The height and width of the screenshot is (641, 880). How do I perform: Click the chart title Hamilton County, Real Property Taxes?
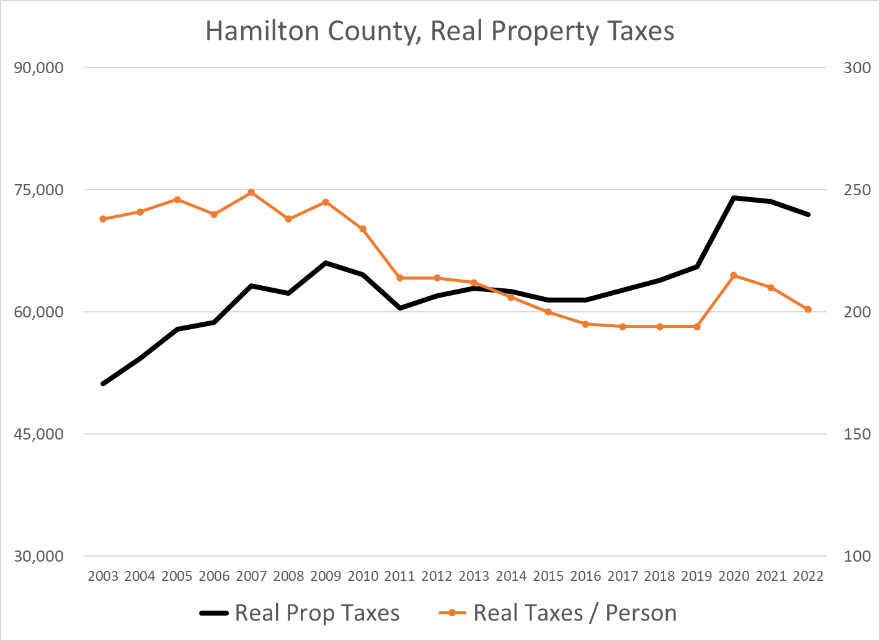[x=440, y=31]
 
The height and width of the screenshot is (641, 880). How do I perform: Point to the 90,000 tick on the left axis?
[x=38, y=68]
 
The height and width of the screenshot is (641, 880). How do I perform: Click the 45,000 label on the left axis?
[x=38, y=434]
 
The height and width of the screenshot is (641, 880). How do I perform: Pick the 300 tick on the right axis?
[x=857, y=68]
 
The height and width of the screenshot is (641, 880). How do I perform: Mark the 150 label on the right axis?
[x=857, y=434]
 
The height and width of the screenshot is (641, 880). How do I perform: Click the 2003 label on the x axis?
[x=103, y=577]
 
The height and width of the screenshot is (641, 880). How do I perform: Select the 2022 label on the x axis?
[x=808, y=577]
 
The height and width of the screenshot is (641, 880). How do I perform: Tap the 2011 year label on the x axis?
[x=399, y=577]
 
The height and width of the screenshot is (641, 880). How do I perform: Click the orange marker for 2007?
[x=251, y=192]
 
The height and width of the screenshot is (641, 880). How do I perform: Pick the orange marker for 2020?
[x=734, y=275]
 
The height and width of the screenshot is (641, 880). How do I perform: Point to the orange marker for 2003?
[x=103, y=219]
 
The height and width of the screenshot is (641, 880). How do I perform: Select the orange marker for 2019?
[x=696, y=327]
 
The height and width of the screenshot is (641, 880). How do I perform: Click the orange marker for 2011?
[x=400, y=278]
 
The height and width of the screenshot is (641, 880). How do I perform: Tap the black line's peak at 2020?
[x=734, y=198]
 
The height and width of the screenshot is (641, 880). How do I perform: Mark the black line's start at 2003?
[x=103, y=384]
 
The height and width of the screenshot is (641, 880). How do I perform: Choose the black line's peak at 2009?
[x=326, y=263]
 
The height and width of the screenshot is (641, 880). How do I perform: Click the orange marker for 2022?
[x=808, y=309]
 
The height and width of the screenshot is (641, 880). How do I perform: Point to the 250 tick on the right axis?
[x=857, y=190]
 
